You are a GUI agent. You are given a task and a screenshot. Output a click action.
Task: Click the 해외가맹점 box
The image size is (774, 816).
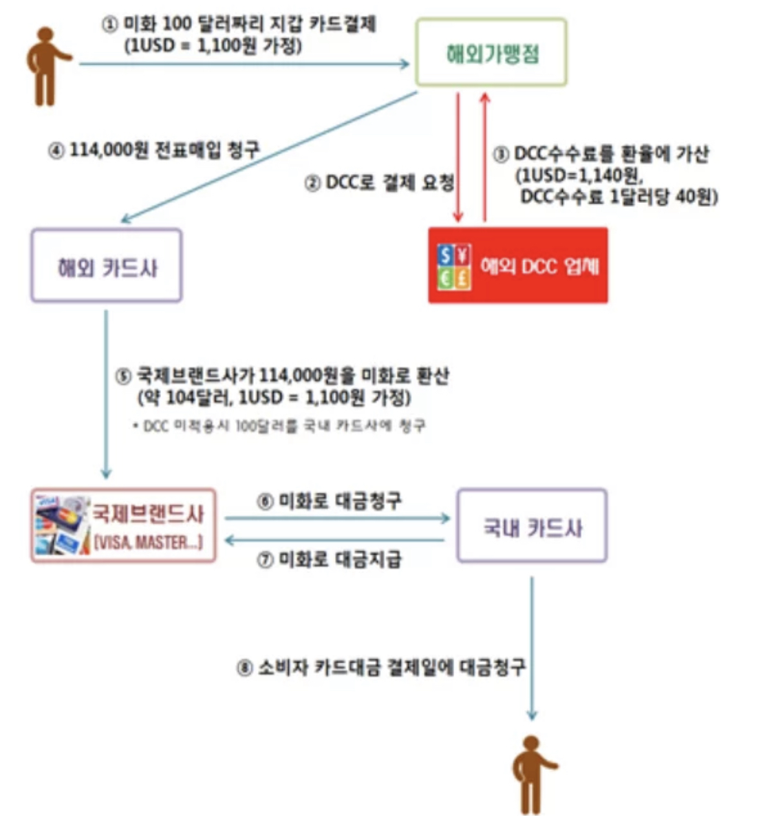491,52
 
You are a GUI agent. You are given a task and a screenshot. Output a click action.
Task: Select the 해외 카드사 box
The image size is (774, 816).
106,266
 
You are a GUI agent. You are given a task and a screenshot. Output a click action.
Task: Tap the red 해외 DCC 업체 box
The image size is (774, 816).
517,266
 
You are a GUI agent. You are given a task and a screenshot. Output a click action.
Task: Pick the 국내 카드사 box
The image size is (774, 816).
532,526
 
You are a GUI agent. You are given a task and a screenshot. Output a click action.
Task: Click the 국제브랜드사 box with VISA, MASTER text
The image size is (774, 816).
123,526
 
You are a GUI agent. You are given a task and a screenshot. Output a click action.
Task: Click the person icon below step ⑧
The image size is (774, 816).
532,774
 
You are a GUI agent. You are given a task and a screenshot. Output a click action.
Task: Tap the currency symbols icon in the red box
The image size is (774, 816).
454,266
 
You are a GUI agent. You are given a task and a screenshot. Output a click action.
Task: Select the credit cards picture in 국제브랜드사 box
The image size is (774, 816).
61,526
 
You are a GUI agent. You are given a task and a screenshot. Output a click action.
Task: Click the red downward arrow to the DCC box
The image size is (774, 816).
458,158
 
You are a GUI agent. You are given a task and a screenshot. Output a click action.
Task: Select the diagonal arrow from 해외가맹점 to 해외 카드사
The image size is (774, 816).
268,156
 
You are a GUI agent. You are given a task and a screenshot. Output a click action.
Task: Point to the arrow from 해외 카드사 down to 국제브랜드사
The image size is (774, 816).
106,392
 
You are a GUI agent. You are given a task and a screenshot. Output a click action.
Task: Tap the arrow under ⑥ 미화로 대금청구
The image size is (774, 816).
337,518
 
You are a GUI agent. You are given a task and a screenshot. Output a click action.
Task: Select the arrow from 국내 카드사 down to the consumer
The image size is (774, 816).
532,647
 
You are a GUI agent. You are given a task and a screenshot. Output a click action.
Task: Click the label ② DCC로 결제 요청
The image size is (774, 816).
379,184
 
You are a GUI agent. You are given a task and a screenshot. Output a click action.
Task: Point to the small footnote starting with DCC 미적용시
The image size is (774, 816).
279,427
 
